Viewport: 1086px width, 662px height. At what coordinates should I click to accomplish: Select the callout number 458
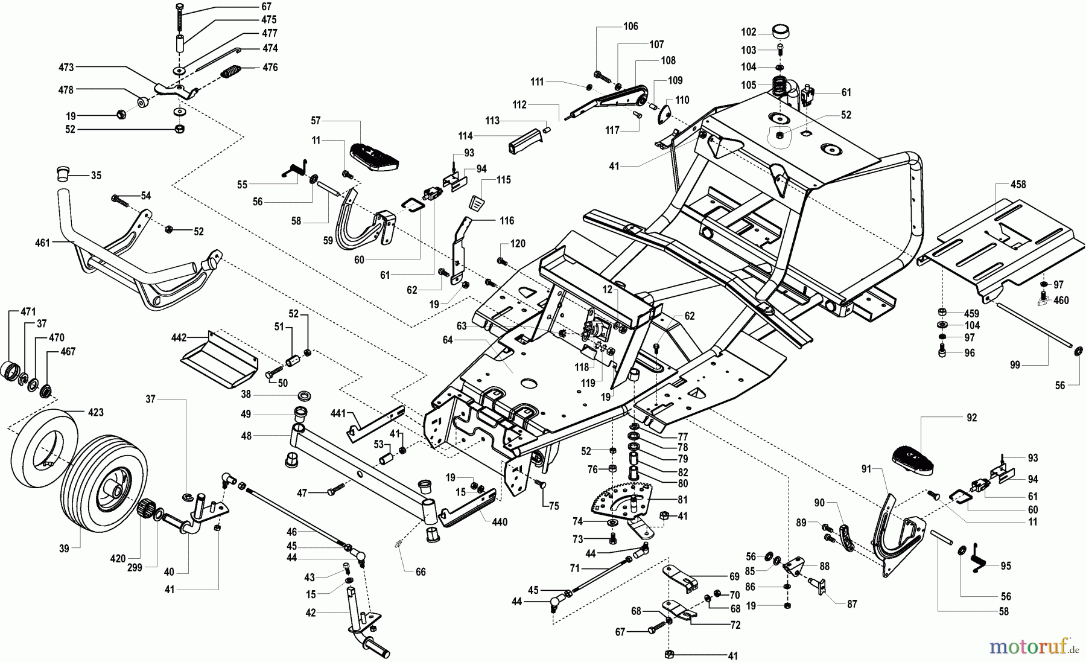[x=1018, y=185]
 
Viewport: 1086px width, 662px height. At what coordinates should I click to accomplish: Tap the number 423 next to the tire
[x=95, y=413]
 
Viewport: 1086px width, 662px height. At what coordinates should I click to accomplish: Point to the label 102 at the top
[x=748, y=32]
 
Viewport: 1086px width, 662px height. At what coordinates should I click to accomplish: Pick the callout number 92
[x=971, y=418]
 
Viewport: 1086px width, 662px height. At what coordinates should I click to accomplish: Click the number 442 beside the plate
[x=179, y=337]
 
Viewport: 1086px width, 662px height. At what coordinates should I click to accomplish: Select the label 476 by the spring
[x=270, y=68]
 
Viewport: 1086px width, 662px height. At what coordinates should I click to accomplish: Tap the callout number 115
[x=503, y=180]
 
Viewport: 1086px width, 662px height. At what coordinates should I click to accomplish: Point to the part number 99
[x=1015, y=365]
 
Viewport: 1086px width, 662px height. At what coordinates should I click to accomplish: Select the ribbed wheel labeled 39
[x=103, y=483]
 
